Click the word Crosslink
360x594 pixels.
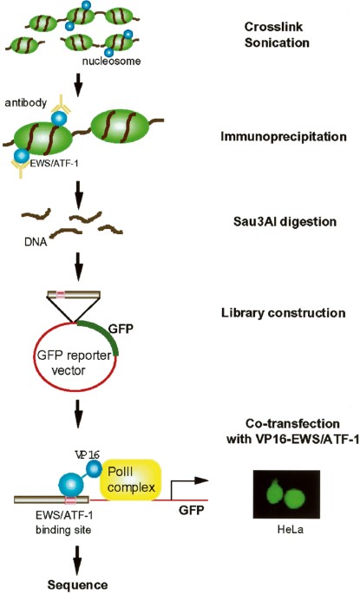[273, 27]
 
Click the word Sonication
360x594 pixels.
[277, 42]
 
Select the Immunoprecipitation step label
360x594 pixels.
[284, 136]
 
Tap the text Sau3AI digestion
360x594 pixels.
[285, 221]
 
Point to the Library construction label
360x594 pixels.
[284, 313]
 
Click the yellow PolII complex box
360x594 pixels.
[131, 480]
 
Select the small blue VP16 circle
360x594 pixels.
[93, 469]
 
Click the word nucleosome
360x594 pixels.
[111, 61]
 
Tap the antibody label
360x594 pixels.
[26, 102]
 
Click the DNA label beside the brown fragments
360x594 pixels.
[36, 242]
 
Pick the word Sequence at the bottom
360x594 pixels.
[77, 585]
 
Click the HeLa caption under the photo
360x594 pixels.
[291, 529]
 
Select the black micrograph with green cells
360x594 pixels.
[286, 494]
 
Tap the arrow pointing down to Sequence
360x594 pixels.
[78, 557]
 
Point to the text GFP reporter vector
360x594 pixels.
[74, 362]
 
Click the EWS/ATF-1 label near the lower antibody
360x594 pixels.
[54, 164]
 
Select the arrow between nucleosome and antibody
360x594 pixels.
[78, 86]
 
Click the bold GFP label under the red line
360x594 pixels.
[192, 510]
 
